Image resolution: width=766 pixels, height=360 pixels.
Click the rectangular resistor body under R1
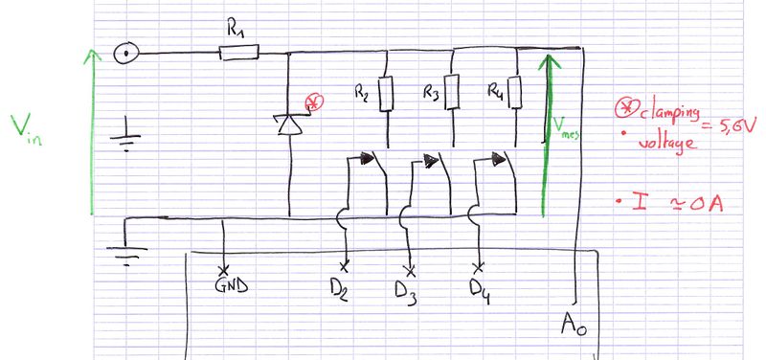tap(238, 54)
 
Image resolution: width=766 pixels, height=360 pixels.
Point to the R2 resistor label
tap(361, 94)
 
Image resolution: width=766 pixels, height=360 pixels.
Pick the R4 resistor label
tap(495, 93)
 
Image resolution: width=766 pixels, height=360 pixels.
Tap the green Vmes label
tap(565, 128)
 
